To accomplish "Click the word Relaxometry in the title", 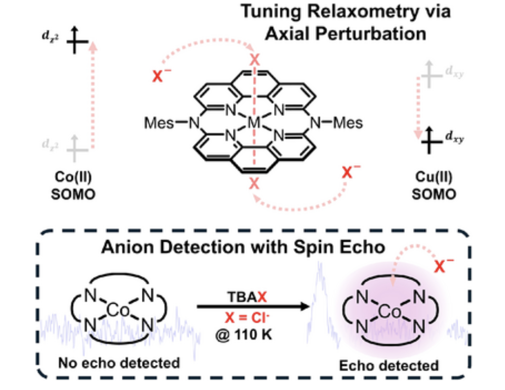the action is point(363,12).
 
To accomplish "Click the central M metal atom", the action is point(254,123).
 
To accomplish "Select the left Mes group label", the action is point(159,123).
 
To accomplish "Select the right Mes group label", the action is point(348,123).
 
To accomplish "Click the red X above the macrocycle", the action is point(255,60).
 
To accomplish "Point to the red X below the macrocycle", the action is point(254,184).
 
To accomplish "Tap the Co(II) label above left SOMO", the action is point(73,177).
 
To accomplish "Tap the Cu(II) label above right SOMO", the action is point(434,177).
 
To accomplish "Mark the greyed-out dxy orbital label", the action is point(454,72).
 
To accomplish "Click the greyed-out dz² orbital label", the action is point(50,144).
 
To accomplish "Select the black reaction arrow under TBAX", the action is point(253,306).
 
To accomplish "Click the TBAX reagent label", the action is point(247,297).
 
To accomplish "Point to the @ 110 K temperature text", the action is point(244,335).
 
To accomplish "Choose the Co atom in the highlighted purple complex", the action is point(390,311).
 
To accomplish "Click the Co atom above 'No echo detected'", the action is point(118,310).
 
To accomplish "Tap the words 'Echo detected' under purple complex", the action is point(389,365).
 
